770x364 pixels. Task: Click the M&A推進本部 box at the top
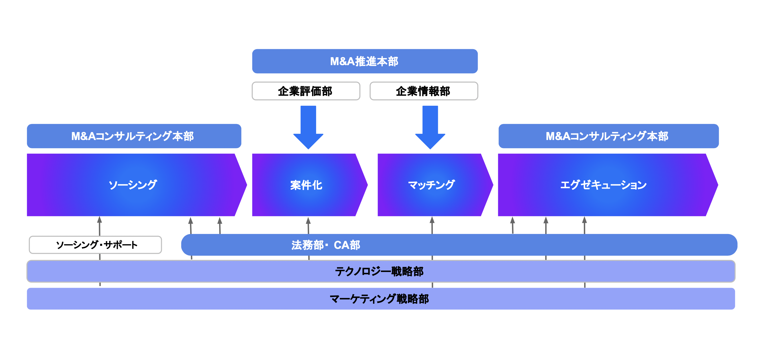coord(365,61)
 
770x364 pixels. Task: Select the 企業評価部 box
coord(306,91)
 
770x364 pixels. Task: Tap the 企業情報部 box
coord(424,91)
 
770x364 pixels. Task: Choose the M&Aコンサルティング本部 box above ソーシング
coord(134,136)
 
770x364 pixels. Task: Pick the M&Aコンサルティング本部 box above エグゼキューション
coord(608,136)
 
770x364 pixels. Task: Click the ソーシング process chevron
coord(133,185)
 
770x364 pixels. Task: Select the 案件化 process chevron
coord(306,185)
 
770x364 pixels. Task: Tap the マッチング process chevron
coord(431,185)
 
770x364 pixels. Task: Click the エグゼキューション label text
coord(603,185)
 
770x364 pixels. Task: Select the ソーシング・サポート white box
coord(95,245)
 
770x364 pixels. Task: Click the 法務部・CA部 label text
coord(326,245)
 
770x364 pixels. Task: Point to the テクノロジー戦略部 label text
coord(379,271)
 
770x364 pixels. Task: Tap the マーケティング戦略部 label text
coord(379,299)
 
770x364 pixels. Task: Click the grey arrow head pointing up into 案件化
coord(308,221)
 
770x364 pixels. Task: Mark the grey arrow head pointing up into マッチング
coord(432,220)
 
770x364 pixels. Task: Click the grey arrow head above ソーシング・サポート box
coord(100,220)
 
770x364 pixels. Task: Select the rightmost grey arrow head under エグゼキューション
coord(584,220)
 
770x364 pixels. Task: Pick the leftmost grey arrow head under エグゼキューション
coord(512,220)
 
